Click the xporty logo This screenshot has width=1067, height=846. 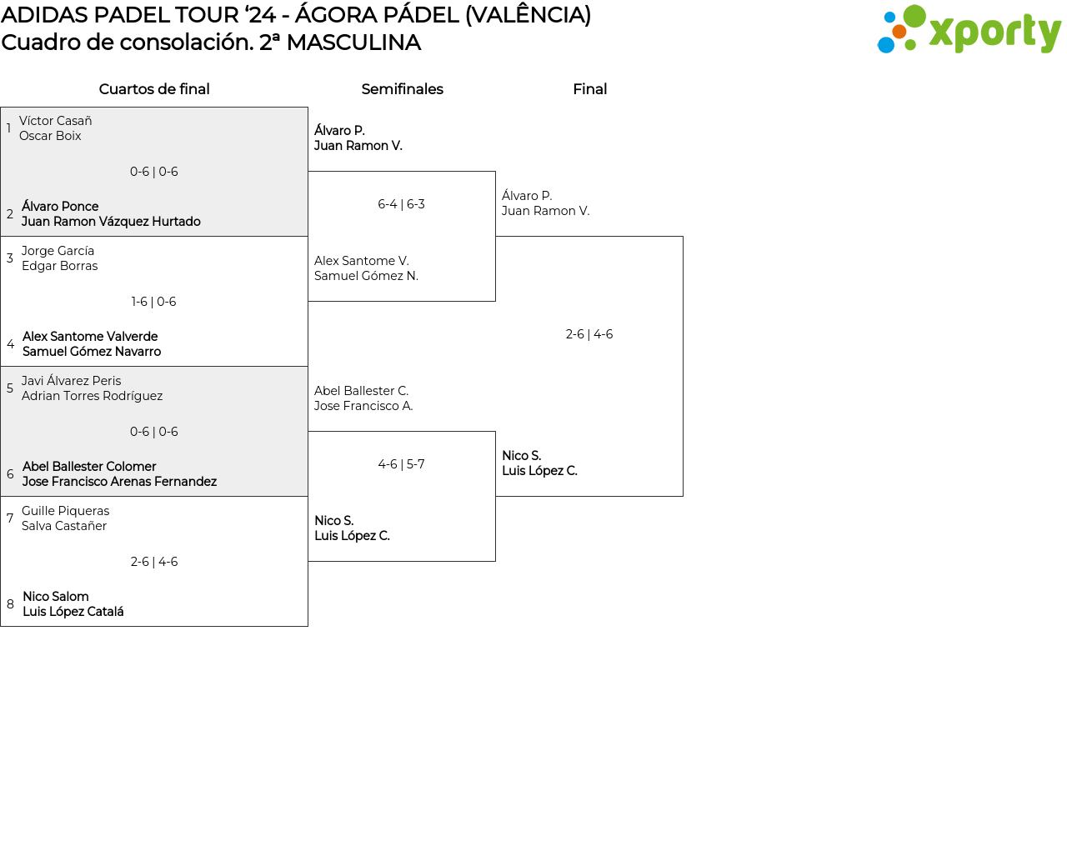tap(969, 31)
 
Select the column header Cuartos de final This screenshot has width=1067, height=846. tap(154, 89)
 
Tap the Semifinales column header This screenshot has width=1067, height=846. tap(402, 89)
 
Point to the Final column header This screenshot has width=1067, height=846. tap(589, 89)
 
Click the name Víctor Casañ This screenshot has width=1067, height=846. tap(55, 121)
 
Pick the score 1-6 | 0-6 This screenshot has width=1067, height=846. tap(153, 302)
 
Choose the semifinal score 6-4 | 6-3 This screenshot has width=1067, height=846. tap(401, 204)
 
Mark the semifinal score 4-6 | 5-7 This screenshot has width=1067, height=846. tap(401, 464)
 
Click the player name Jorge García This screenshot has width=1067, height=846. tap(58, 251)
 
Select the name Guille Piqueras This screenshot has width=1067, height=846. tap(65, 511)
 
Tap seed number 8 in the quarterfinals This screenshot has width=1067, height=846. tap(10, 604)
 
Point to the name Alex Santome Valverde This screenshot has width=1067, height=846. tap(90, 337)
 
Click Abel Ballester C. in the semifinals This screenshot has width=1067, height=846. tap(361, 391)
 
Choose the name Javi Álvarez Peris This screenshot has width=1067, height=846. tap(71, 381)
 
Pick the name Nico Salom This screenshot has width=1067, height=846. tap(55, 597)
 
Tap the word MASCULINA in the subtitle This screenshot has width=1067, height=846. tap(353, 43)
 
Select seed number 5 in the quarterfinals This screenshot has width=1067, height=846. tap(10, 388)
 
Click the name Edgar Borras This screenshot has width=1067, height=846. tap(59, 266)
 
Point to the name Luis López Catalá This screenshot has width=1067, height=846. tap(73, 612)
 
